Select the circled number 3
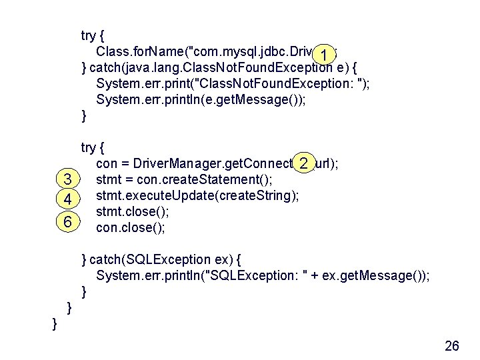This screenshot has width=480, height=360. coord(67,180)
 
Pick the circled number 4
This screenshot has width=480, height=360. coord(67,200)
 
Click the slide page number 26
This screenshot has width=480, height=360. coord(451,345)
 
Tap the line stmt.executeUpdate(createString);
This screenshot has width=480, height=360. coord(197,196)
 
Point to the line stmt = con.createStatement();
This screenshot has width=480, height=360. coord(185,180)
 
